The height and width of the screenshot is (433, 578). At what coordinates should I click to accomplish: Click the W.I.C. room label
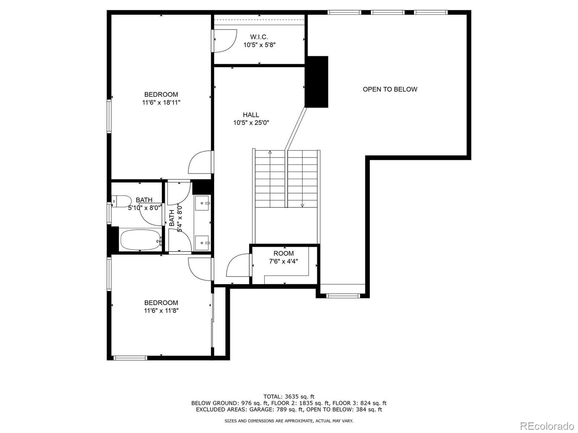[259, 37]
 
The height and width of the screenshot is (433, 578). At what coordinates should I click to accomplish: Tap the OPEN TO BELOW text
[390, 89]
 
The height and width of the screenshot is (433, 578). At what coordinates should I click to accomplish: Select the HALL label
[251, 115]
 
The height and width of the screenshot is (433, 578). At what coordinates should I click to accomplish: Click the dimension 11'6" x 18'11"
[161, 102]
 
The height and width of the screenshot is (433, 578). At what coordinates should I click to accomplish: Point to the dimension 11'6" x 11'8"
[161, 311]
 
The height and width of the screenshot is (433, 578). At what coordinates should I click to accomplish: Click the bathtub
[141, 240]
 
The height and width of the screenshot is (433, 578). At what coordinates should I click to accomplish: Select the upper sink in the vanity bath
[203, 203]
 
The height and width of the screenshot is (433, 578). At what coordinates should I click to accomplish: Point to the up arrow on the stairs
[270, 153]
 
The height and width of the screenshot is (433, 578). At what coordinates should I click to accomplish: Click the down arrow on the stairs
[302, 205]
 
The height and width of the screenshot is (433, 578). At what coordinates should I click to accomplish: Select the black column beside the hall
[316, 82]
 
